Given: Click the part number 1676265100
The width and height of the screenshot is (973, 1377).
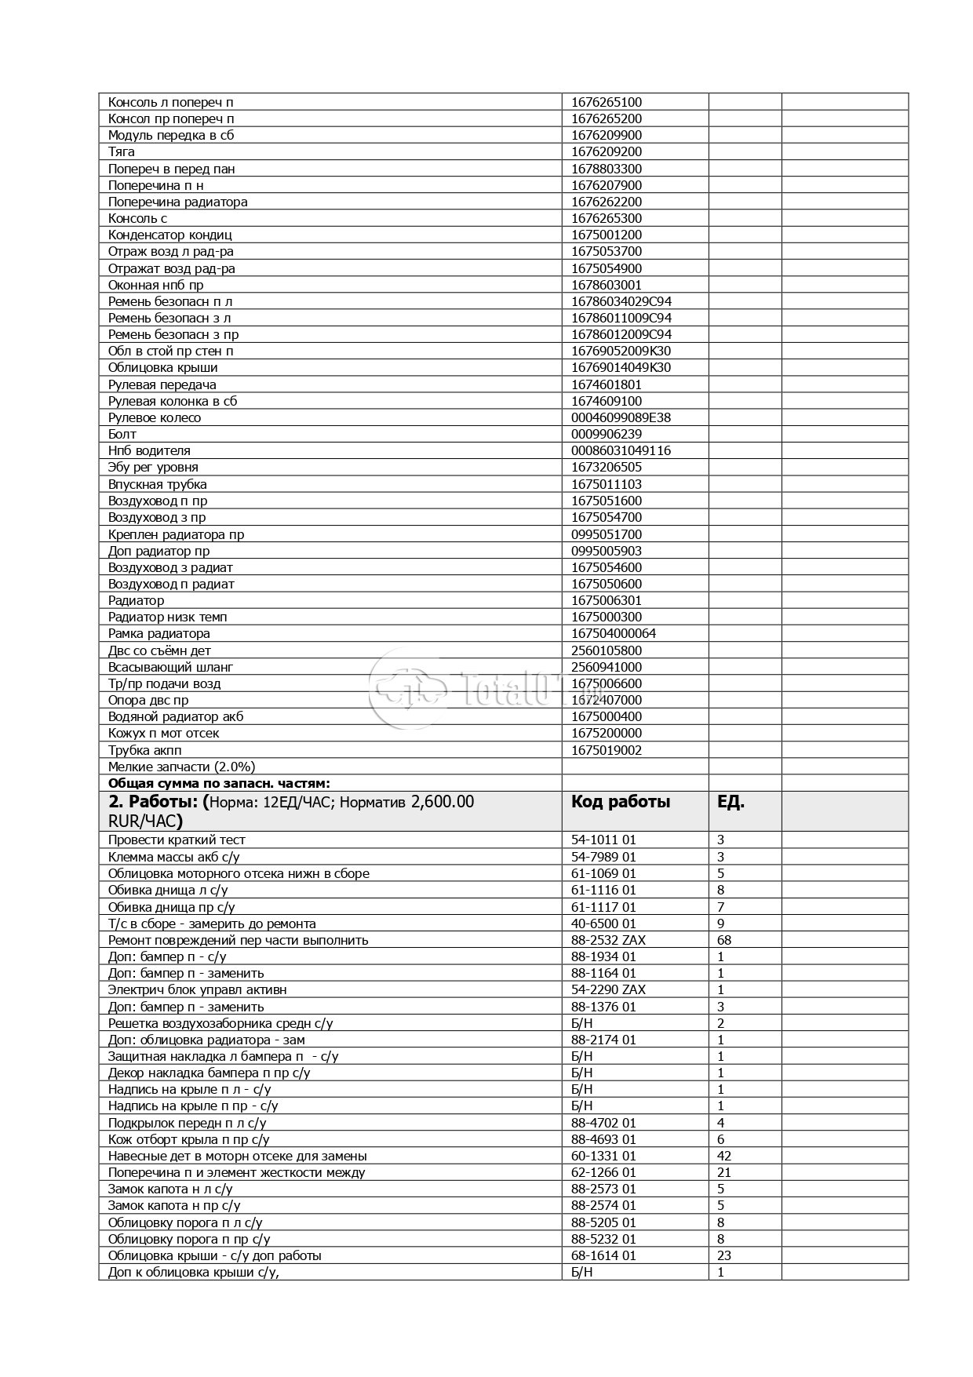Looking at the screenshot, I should point(606,102).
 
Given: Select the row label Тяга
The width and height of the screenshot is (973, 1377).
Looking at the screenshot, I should point(122,151).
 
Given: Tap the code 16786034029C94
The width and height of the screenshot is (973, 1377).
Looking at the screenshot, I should point(621,301).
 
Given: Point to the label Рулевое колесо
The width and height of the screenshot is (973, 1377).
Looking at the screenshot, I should point(155,417).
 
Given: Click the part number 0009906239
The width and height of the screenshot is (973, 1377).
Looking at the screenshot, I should point(606,434).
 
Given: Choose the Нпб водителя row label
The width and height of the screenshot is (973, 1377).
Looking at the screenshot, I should point(149,450).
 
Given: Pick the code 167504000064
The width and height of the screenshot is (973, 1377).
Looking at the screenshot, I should point(613,633).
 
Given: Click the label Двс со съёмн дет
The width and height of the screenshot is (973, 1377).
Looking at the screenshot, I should point(159,650).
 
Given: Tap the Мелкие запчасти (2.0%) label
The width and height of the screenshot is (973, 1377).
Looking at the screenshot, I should point(181,767).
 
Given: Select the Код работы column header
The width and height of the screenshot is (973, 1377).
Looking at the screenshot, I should point(620,802).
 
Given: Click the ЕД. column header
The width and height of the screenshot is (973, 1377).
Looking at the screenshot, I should point(731,802).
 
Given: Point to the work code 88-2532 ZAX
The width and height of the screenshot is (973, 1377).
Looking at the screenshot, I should point(608,940).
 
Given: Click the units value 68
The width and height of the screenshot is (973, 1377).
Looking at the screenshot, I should point(724,940).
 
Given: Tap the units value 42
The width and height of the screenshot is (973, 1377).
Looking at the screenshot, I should point(724,1156).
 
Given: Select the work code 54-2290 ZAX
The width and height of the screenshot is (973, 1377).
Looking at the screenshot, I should point(608,989).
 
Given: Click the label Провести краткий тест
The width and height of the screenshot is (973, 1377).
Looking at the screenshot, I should point(177,840).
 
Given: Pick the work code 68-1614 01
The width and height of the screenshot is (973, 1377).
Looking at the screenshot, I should point(603,1255).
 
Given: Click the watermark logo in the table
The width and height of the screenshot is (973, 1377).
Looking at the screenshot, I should point(408,690).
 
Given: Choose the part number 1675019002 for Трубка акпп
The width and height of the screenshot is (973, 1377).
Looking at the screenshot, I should point(606,750).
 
